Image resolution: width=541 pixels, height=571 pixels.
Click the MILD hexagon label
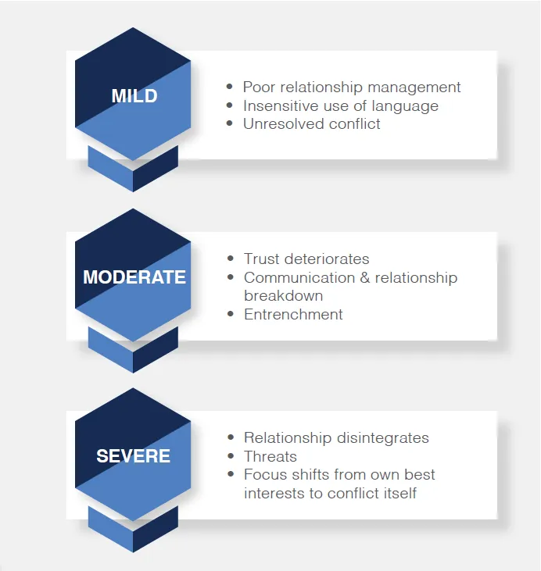(x=134, y=96)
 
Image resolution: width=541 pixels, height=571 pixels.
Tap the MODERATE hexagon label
(x=134, y=277)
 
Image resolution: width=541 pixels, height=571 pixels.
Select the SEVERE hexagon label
(x=133, y=456)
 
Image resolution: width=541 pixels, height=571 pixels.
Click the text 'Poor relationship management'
(x=352, y=87)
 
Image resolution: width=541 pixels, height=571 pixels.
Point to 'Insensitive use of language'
(x=340, y=105)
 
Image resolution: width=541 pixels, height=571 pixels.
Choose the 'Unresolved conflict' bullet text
(x=311, y=123)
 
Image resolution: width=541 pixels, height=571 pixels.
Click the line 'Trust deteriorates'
(x=306, y=259)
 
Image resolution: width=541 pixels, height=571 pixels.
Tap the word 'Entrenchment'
(x=293, y=314)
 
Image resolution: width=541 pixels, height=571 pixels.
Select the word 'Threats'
(x=270, y=456)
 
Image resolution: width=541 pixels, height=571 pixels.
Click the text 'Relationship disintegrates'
(x=336, y=438)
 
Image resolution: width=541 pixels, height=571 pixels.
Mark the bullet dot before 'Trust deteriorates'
(x=231, y=259)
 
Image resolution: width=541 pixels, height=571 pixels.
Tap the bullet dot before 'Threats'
(x=231, y=457)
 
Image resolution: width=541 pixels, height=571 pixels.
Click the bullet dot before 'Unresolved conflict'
(x=230, y=124)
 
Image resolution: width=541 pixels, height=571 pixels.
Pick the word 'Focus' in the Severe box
(x=263, y=474)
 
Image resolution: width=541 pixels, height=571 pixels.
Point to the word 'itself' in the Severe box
(x=398, y=493)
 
